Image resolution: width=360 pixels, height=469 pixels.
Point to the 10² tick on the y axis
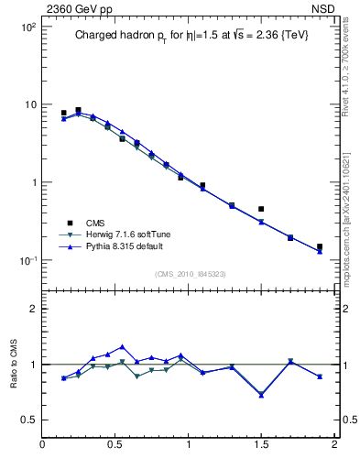click(x=27, y=27)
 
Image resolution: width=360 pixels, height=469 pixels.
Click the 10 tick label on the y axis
click(x=29, y=104)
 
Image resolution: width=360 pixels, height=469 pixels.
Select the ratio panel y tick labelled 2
click(x=33, y=309)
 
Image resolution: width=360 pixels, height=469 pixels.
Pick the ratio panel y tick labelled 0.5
click(x=29, y=420)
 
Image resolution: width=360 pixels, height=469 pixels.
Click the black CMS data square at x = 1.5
click(x=261, y=209)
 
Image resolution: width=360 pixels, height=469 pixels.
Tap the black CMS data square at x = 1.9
click(x=320, y=246)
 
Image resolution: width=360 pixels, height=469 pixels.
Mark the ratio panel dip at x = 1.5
click(x=261, y=395)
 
